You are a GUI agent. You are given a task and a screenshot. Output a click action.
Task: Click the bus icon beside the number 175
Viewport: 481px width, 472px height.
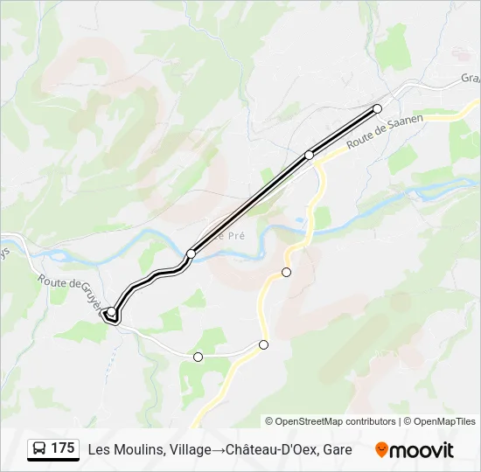(x=39, y=449)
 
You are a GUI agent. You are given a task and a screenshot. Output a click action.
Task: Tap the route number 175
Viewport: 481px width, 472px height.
(x=63, y=448)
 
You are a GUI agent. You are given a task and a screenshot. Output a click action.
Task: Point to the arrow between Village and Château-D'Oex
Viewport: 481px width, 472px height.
(x=218, y=450)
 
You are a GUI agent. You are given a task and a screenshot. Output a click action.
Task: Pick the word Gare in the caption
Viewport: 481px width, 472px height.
(x=338, y=450)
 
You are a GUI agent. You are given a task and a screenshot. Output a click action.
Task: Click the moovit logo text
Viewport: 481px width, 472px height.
(x=422, y=450)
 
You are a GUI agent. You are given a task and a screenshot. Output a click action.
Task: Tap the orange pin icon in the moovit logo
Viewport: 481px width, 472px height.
(x=381, y=450)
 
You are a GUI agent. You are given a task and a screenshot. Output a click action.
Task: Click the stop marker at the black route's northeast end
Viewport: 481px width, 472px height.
(x=378, y=108)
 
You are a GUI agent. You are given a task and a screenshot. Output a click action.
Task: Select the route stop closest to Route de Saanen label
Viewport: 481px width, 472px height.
(x=309, y=155)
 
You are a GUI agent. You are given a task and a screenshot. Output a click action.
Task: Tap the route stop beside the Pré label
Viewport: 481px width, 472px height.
(x=191, y=253)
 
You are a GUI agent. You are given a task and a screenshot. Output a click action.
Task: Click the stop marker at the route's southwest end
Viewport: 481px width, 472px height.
(x=111, y=312)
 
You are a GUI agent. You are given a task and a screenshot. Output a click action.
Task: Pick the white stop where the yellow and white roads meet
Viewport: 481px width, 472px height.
(x=263, y=344)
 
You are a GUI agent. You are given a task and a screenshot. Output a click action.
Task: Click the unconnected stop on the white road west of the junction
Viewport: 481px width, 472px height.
(x=198, y=357)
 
